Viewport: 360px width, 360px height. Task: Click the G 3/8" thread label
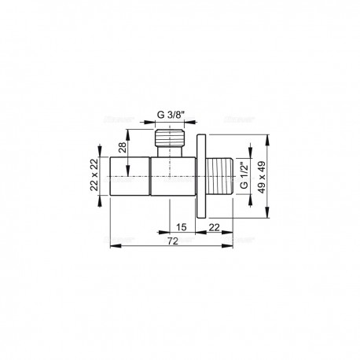[x=171, y=115]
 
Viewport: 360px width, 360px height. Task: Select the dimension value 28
[x=123, y=147]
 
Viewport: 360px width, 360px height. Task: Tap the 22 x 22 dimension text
[x=94, y=175]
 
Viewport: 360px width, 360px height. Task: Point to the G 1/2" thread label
[x=244, y=175]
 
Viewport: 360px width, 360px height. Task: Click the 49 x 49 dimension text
[x=262, y=177]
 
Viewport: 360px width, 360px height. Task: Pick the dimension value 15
[x=181, y=227]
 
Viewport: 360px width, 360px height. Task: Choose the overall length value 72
[x=173, y=241]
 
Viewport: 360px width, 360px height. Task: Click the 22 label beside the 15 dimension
[x=214, y=227]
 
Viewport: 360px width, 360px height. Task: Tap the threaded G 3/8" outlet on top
[x=170, y=138]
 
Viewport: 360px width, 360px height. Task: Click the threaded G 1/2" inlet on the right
[x=220, y=176]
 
